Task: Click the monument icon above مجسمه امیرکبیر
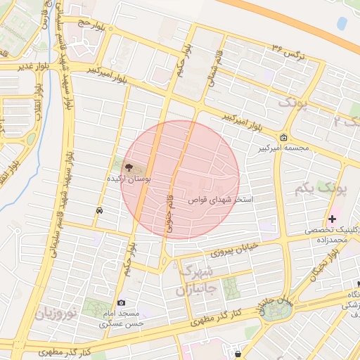pyautogui.click(x=283, y=137)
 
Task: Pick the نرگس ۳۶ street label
pyautogui.click(x=289, y=51)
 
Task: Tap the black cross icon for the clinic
pyautogui.click(x=333, y=219)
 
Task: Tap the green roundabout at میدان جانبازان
pyautogui.click(x=271, y=312)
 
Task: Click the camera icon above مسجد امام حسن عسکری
pyautogui.click(x=121, y=302)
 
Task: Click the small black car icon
pyautogui.click(x=100, y=210)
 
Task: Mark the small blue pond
pyautogui.click(x=342, y=23)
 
